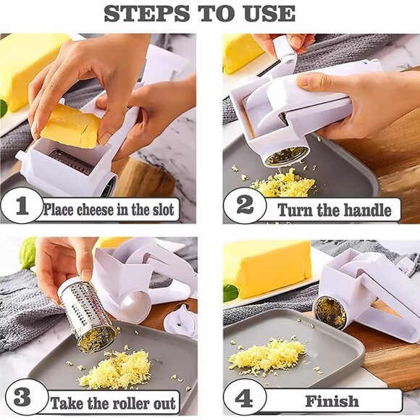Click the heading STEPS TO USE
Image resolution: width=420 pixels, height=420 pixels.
tap(210, 13)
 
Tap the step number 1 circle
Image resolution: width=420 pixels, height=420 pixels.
tap(21, 207)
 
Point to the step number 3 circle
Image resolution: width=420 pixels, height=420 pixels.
tap(22, 398)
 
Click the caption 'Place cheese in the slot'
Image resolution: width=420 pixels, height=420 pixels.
tap(109, 209)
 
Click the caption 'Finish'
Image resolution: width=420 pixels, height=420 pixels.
tap(332, 400)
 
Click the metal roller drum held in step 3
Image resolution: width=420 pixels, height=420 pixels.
tap(85, 313)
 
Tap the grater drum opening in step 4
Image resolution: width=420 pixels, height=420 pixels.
tap(330, 313)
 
